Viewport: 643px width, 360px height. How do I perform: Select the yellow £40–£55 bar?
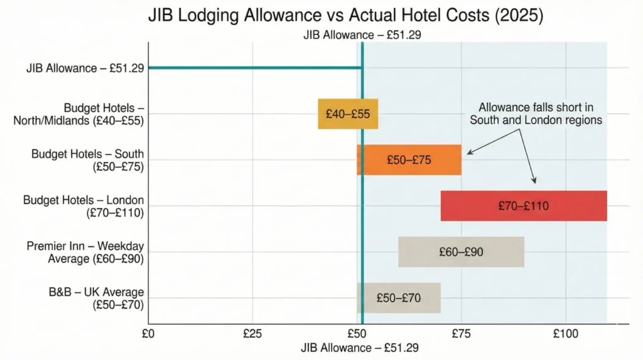pyautogui.click(x=348, y=114)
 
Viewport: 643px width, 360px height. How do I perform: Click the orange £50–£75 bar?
pyautogui.click(x=409, y=160)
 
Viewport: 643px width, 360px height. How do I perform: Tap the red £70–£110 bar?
pyautogui.click(x=524, y=205)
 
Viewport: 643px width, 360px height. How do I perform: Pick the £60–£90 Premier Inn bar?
pyautogui.click(x=461, y=252)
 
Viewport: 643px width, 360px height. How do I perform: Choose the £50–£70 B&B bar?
pyautogui.click(x=399, y=298)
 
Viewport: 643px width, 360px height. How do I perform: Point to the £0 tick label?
pyautogui.click(x=148, y=334)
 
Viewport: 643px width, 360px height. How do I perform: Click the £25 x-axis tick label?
pyautogui.click(x=252, y=334)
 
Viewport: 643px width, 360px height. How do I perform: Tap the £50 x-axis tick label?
pyautogui.click(x=356, y=334)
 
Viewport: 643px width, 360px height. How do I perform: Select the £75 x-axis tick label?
pyautogui.click(x=461, y=334)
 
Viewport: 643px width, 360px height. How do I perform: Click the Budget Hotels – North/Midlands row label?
pyautogui.click(x=78, y=114)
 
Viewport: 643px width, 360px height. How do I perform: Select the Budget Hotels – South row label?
pyautogui.click(x=87, y=160)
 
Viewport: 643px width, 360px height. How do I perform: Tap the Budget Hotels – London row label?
pyautogui.click(x=84, y=205)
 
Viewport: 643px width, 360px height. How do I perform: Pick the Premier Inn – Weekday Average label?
pyautogui.click(x=85, y=251)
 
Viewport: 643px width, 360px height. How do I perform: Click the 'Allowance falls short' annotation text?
pyautogui.click(x=536, y=113)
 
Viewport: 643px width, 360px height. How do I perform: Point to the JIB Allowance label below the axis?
pyautogui.click(x=359, y=347)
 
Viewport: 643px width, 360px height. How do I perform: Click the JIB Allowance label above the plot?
pyautogui.click(x=362, y=35)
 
